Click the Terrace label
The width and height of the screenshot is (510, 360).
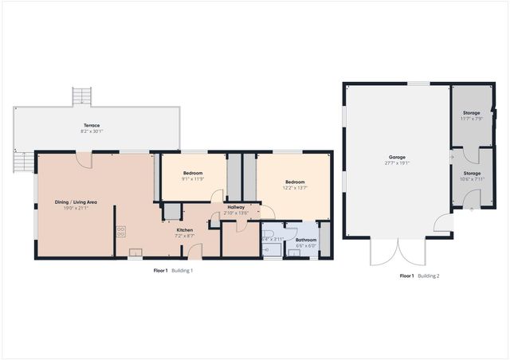(92, 126)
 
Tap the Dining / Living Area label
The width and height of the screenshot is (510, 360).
(76, 202)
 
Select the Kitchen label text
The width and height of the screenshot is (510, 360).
(185, 229)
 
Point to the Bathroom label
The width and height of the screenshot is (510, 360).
(306, 240)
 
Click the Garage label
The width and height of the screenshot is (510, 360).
(396, 157)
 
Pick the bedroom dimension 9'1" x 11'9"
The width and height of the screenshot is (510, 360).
(193, 179)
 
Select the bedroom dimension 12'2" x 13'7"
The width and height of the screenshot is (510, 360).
(295, 189)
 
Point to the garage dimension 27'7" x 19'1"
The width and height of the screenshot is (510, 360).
(396, 163)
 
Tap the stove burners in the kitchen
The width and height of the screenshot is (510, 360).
(121, 232)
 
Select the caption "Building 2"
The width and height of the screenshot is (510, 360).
(429, 276)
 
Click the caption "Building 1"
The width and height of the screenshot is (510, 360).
(182, 271)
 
